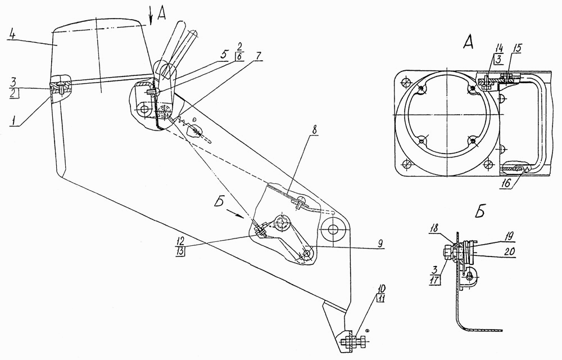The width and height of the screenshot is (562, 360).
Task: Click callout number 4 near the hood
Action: coord(12,36)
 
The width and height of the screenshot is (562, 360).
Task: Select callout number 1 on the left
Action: coord(13,121)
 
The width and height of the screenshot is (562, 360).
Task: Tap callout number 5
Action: coord(223,56)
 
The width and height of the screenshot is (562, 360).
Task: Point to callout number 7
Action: coord(258,56)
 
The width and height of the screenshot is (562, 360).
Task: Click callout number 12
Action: coord(180,241)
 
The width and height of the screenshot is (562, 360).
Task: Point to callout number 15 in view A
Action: coord(516,48)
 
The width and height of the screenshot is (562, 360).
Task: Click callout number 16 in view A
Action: coord(507,184)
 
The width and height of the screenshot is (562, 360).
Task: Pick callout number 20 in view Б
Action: coord(509,252)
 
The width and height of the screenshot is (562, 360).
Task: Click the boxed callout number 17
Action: coord(434,280)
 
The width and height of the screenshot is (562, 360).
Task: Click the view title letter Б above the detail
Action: coord(481,212)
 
